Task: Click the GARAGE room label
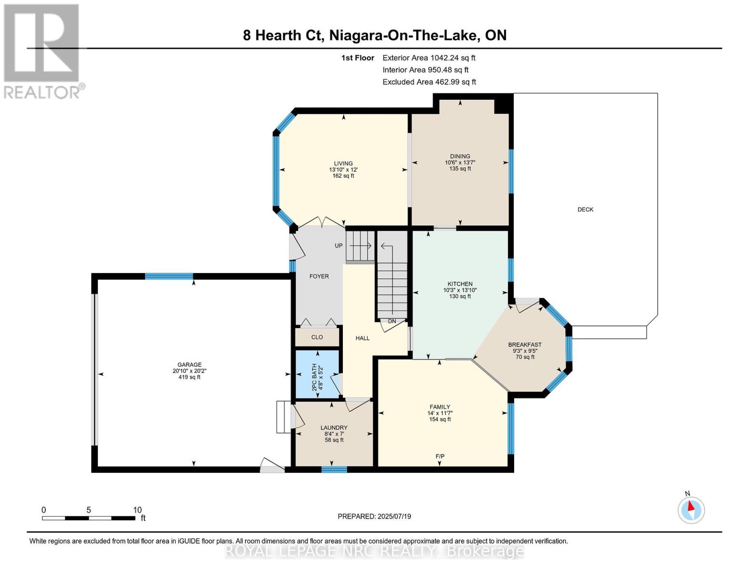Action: pos(189,365)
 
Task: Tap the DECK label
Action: pos(585,209)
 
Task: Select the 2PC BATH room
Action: pos(317,374)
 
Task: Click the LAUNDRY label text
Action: pos(334,427)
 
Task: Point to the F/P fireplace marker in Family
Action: pos(440,456)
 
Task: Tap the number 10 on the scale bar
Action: pos(137,510)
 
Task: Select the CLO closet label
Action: pos(317,337)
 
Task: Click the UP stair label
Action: pos(339,246)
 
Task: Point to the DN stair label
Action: pos(392,321)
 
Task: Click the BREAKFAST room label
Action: pos(525,345)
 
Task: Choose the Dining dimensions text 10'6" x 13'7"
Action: pos(460,163)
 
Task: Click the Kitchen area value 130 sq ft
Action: pos(460,296)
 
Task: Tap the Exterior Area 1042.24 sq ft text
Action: pos(429,58)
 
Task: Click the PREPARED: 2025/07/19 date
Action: pos(374,516)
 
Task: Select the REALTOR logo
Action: pos(42,51)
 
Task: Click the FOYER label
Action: pos(319,276)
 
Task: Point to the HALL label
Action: pos(362,338)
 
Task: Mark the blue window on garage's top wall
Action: pos(169,276)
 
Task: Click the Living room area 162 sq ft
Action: pos(343,176)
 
